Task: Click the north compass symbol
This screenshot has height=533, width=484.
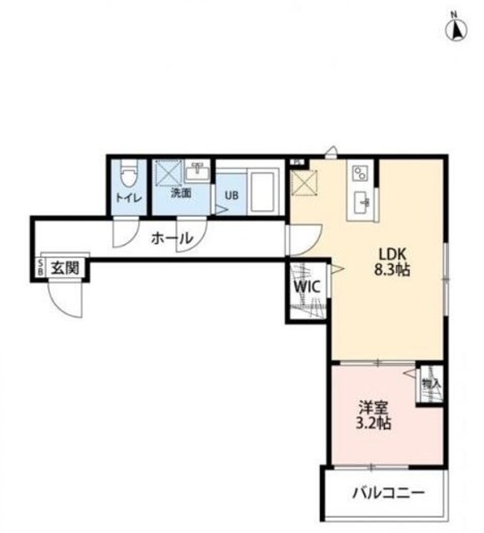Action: [x=457, y=28]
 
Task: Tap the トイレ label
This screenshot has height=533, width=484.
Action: [x=127, y=198]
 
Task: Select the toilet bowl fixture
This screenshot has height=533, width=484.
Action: [x=127, y=176]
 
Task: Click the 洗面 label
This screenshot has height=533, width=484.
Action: [x=181, y=193]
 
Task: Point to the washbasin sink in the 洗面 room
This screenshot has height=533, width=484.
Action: [x=198, y=173]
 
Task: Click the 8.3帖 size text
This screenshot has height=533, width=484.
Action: [x=395, y=271]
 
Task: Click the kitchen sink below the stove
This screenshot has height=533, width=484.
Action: [x=362, y=201]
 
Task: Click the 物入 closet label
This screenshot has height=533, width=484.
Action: [x=430, y=383]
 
